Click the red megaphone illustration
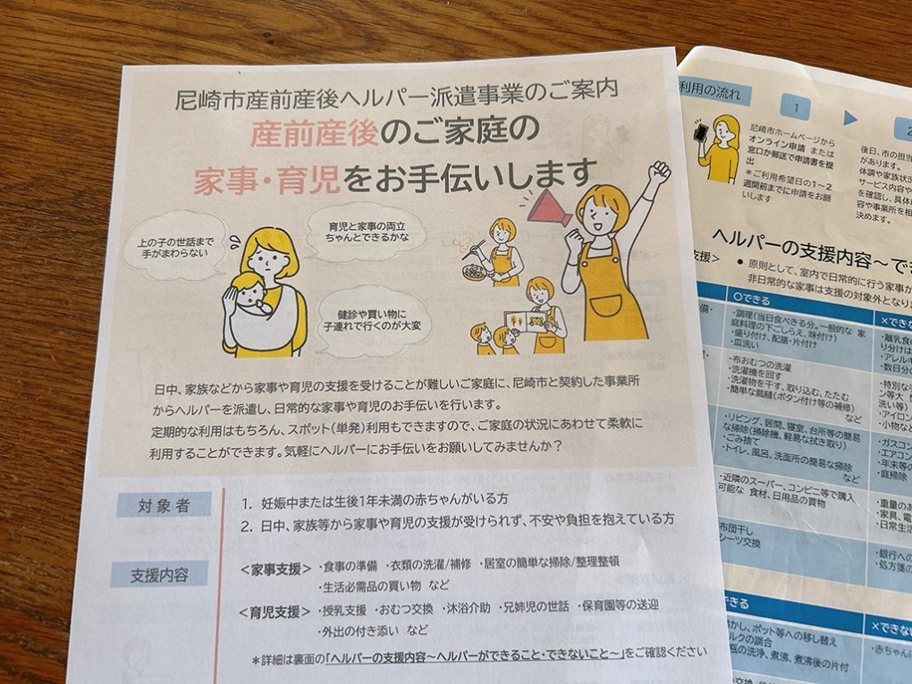[x=548, y=208]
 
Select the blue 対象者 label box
[x=164, y=505]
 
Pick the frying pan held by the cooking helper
[x=475, y=271]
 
